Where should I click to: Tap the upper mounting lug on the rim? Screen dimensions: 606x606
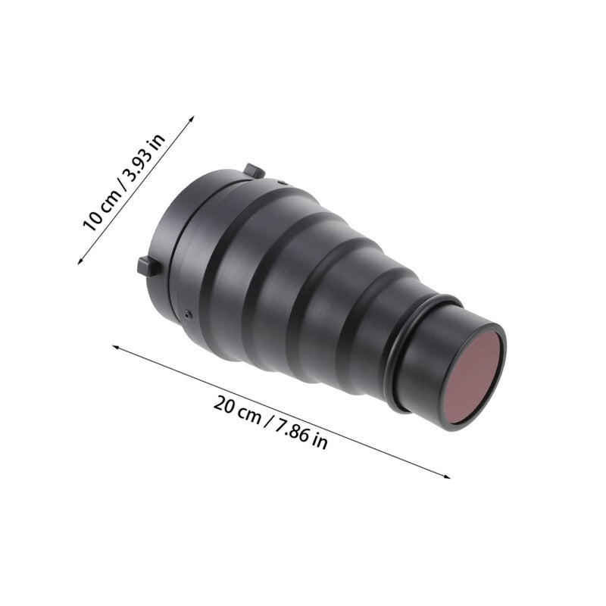click(255, 171)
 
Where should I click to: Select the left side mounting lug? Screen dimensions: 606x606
click(149, 267)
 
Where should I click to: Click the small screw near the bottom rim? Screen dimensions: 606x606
click(188, 314)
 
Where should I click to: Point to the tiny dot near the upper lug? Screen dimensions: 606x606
click(282, 183)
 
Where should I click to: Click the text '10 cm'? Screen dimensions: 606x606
click(102, 211)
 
